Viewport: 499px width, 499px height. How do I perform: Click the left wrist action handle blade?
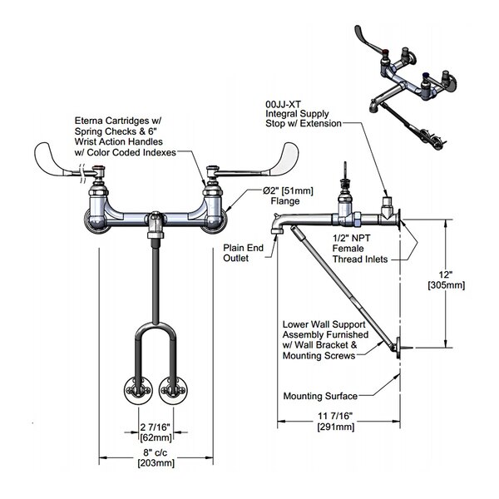point(57,156)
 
